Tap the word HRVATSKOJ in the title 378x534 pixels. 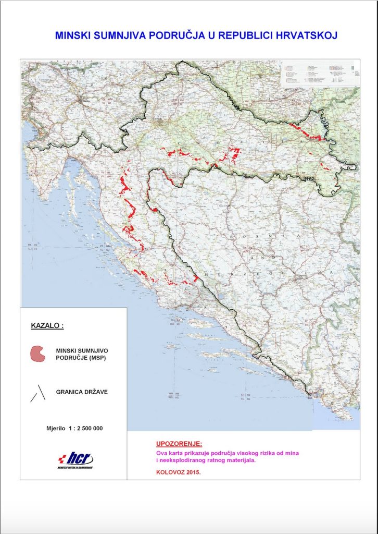click(x=307, y=35)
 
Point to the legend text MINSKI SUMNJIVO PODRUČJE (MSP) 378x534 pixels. click(x=82, y=356)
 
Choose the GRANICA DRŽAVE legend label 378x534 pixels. click(x=82, y=391)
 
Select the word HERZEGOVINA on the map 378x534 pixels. click(x=229, y=273)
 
